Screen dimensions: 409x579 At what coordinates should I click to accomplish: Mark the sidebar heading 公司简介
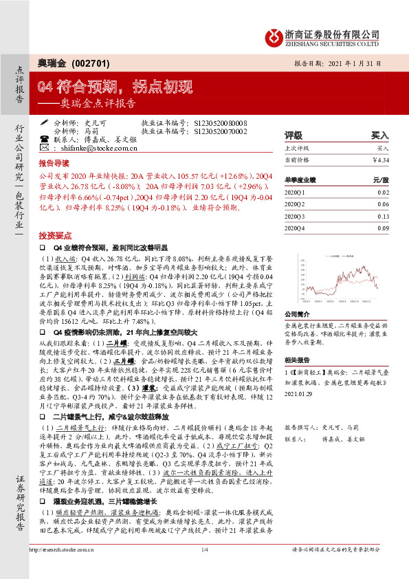(x=295, y=295)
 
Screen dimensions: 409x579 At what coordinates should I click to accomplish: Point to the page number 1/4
(x=204, y=568)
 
